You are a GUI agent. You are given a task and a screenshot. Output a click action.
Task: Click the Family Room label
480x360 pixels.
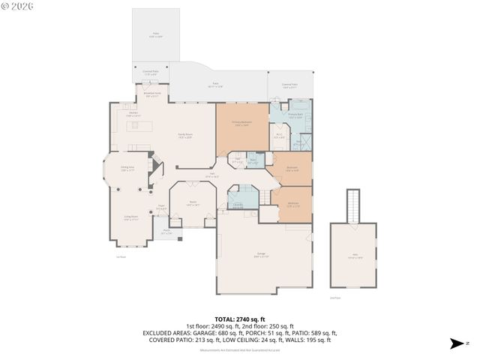(184, 136)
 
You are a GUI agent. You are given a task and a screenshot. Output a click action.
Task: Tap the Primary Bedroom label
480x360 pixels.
(242, 122)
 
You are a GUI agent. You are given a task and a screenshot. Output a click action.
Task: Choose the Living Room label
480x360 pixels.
(131, 218)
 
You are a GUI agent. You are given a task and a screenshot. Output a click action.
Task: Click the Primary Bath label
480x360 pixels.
(295, 115)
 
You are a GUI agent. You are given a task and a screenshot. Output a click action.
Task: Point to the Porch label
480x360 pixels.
(167, 233)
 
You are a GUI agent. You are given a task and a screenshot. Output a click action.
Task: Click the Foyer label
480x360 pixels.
(161, 208)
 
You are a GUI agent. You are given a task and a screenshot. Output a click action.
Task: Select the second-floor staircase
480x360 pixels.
(352, 205)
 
